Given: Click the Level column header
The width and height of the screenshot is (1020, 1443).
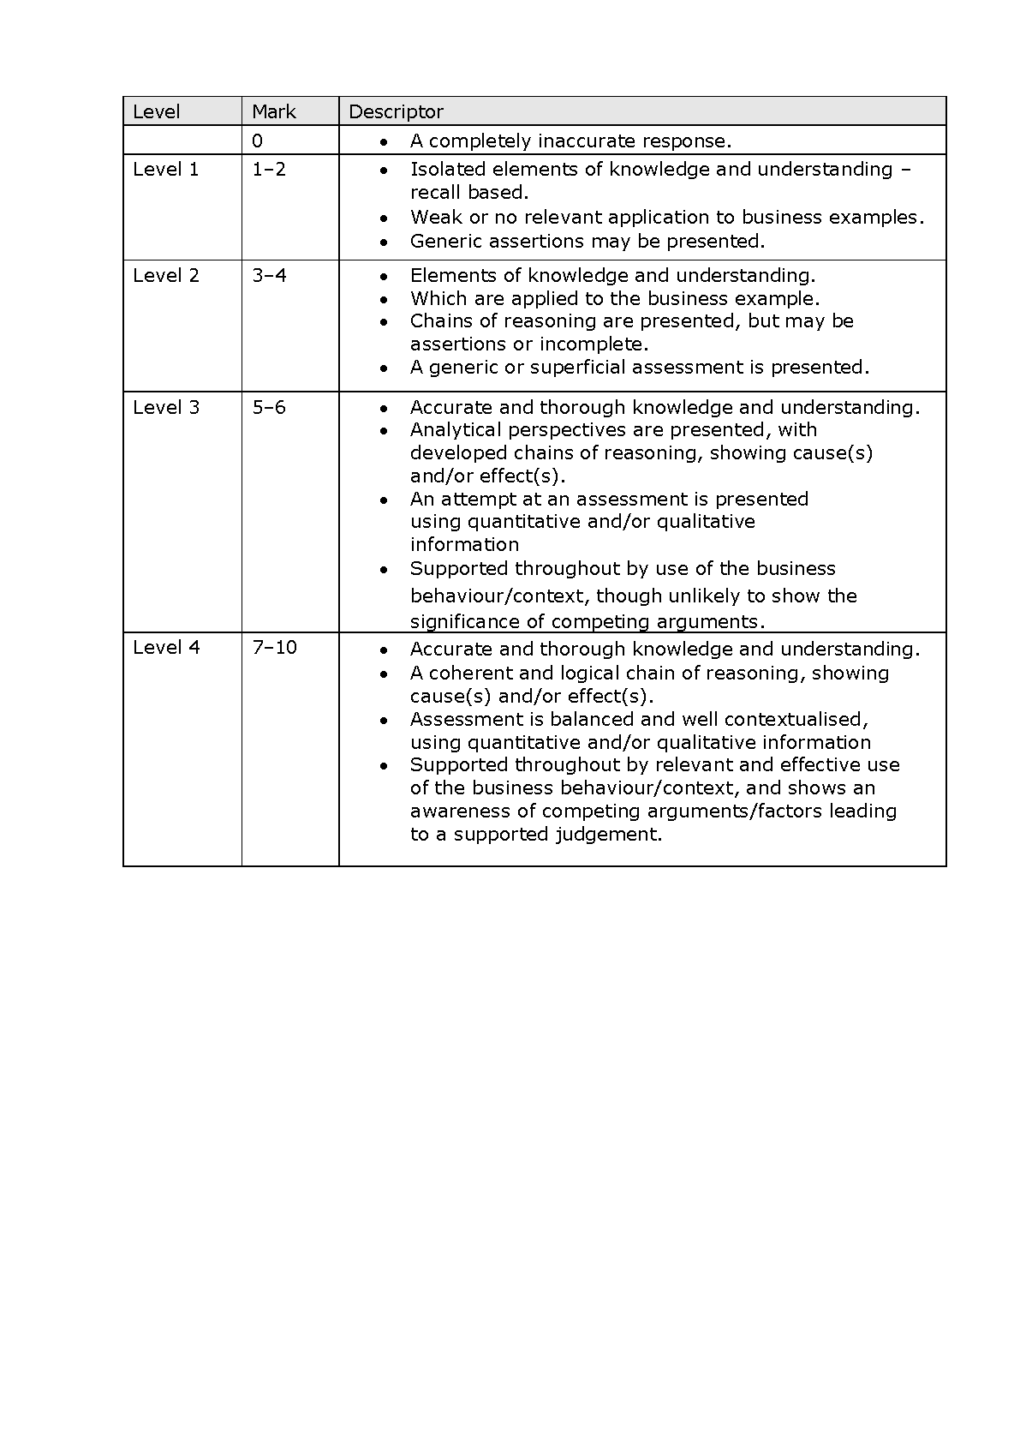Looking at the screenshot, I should (x=157, y=111).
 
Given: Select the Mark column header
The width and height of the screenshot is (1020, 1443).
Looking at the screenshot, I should (x=273, y=111).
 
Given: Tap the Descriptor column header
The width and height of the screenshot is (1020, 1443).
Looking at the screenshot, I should (x=396, y=111).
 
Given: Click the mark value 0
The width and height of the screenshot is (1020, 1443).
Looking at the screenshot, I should (x=258, y=141).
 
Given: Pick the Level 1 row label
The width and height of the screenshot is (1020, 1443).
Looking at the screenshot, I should (x=166, y=170).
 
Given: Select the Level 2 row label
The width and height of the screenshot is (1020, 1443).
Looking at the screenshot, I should (x=166, y=276).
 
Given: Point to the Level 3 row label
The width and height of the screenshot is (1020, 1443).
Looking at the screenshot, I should (x=166, y=408).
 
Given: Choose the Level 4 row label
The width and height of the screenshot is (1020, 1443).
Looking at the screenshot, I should (x=166, y=648).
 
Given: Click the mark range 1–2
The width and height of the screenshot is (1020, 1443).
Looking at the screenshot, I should (x=269, y=170).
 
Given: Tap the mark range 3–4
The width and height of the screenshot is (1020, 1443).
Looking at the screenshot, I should (x=269, y=276).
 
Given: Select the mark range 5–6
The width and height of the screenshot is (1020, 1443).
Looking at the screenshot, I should (x=269, y=408).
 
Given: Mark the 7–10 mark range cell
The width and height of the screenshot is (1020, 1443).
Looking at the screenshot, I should (x=274, y=648).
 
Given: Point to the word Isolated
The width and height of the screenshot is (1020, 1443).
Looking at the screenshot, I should (x=448, y=170).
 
